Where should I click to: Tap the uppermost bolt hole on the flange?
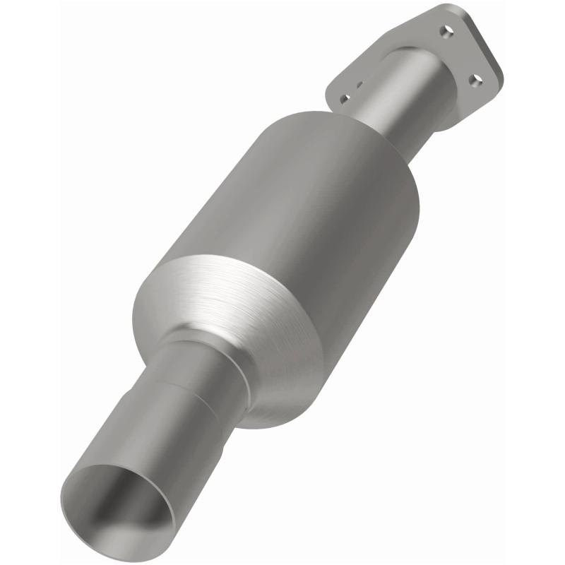tap(444, 32)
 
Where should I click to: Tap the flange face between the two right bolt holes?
tap(463, 56)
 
